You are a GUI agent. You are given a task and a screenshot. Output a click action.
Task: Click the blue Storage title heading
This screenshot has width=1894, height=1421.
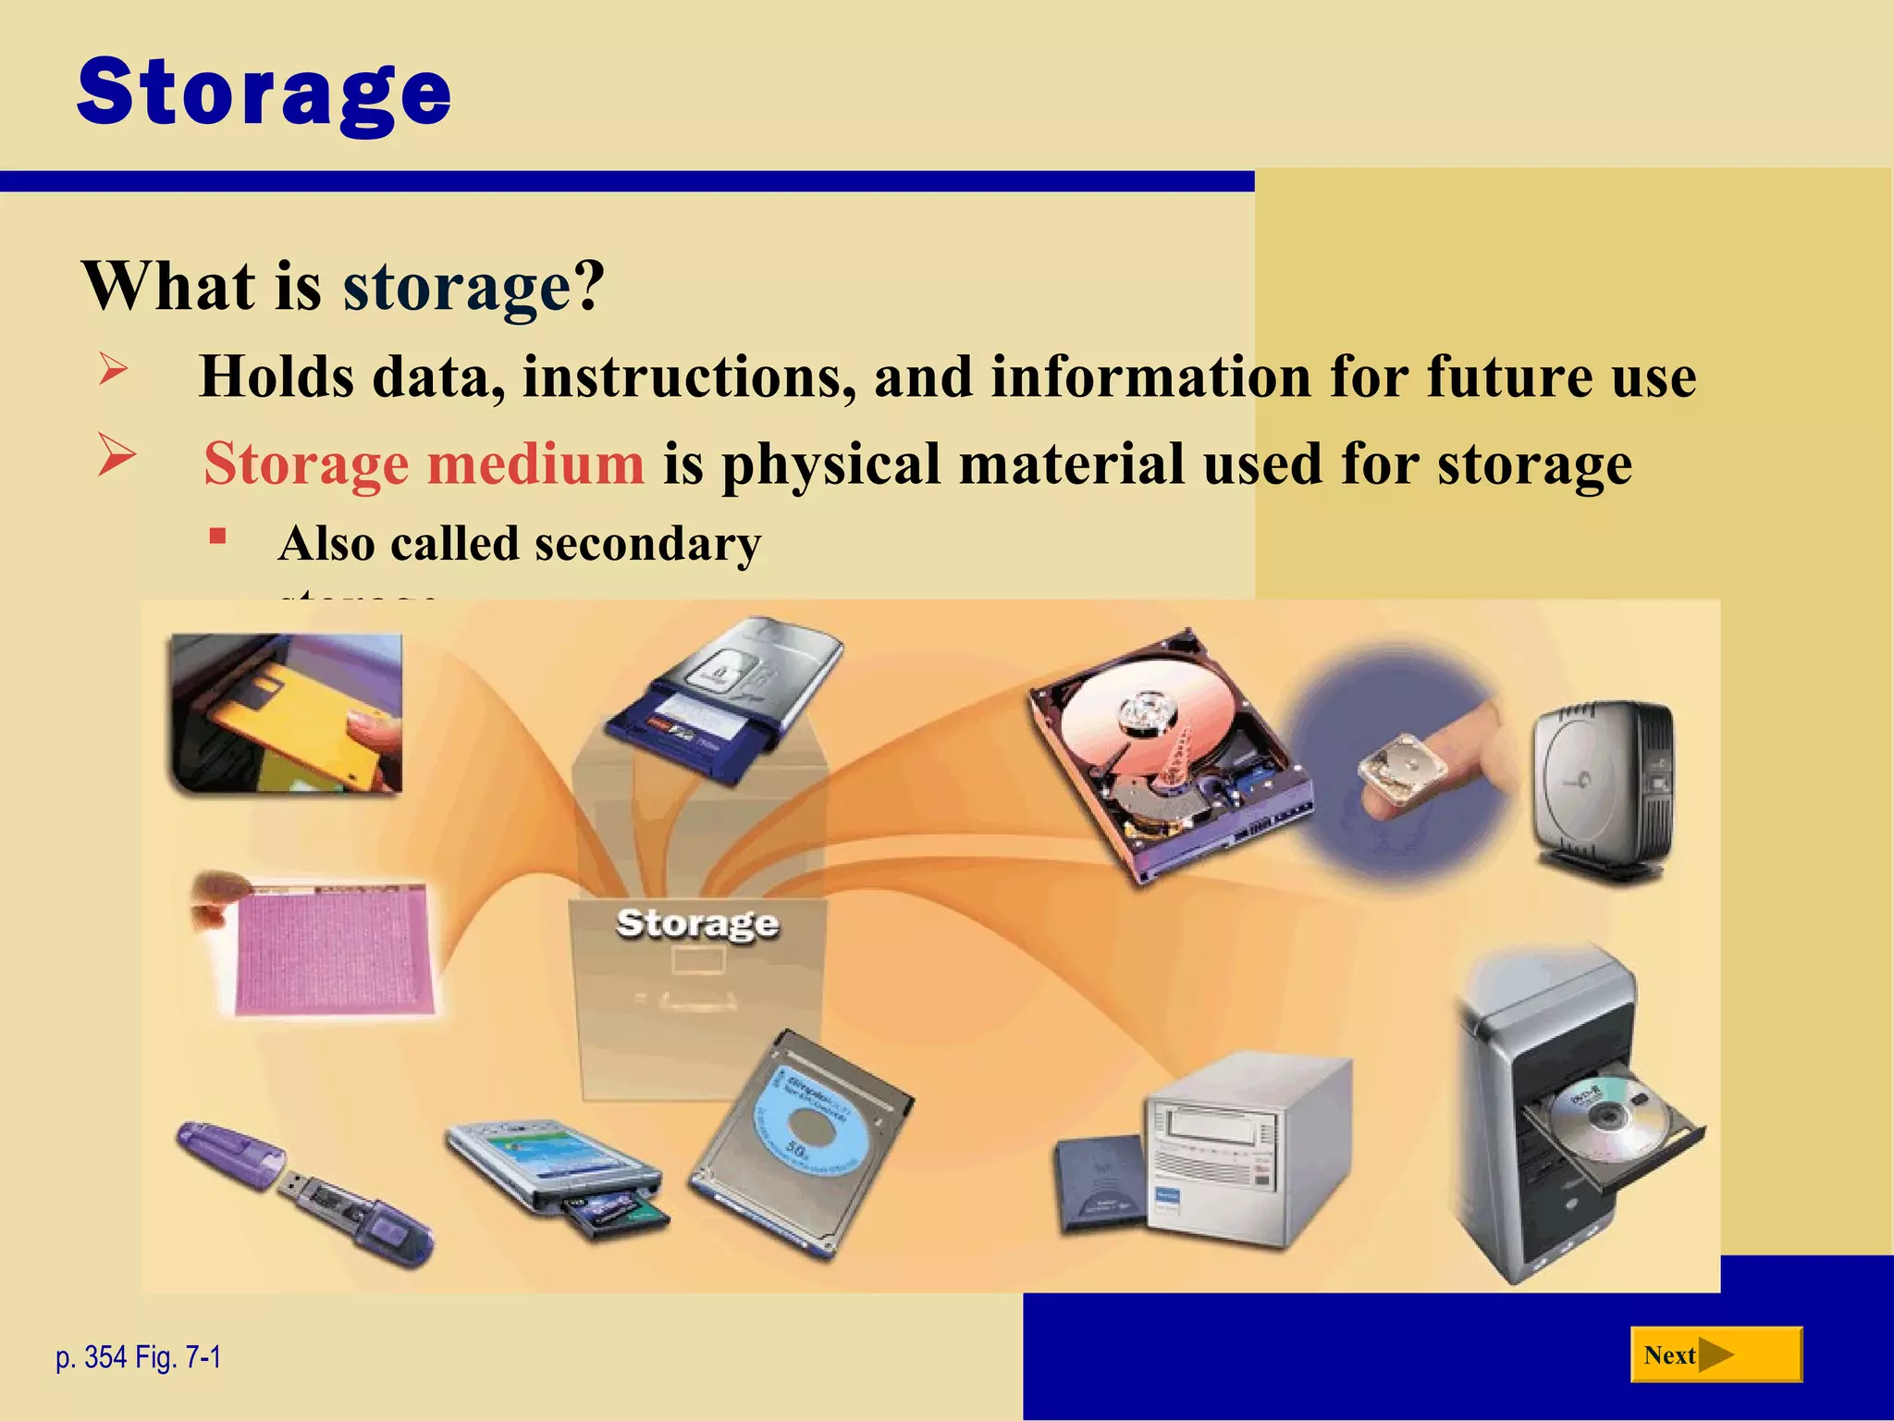pos(264,93)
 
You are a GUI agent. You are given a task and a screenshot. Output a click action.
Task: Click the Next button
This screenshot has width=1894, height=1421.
pos(1716,1355)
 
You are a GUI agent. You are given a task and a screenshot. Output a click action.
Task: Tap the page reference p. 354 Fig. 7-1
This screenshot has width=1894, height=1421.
pos(139,1357)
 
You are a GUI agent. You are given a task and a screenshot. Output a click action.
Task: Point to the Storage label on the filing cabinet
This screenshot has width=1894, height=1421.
pos(697,922)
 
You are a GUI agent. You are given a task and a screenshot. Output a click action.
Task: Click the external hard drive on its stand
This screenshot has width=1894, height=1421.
pos(1605,786)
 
